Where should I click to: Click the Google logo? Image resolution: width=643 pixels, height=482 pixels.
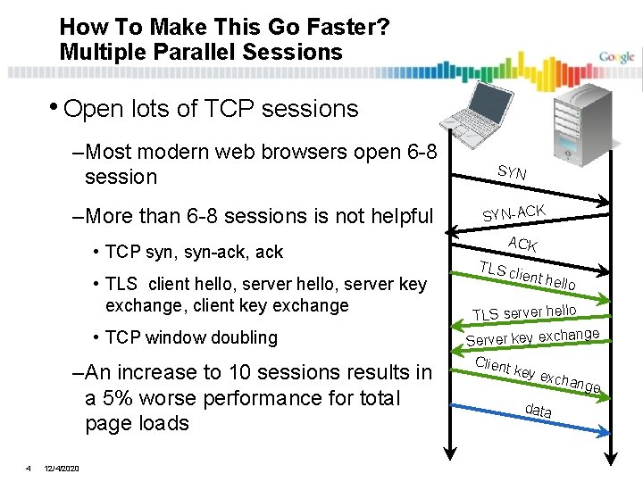point(616,57)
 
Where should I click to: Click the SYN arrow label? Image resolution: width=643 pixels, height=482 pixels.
point(512,171)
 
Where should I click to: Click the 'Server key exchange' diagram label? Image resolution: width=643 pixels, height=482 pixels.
point(532,337)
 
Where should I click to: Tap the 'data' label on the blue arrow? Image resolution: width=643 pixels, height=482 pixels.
point(538,411)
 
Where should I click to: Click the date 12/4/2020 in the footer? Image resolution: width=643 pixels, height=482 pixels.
point(61,469)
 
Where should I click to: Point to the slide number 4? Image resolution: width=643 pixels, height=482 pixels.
point(29,468)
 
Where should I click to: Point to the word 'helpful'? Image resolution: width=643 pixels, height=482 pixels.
point(394,216)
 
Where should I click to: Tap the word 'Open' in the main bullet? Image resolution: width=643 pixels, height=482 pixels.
point(92,109)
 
